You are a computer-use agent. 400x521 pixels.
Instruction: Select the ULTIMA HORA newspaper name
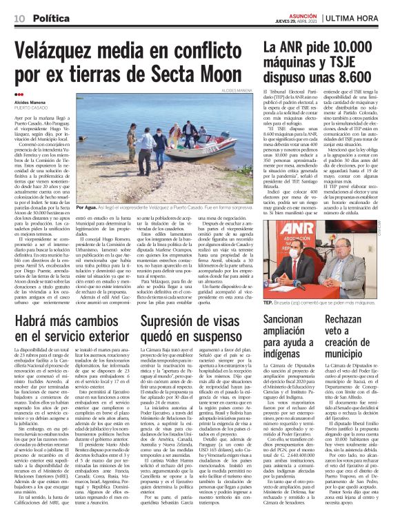click(364, 17)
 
